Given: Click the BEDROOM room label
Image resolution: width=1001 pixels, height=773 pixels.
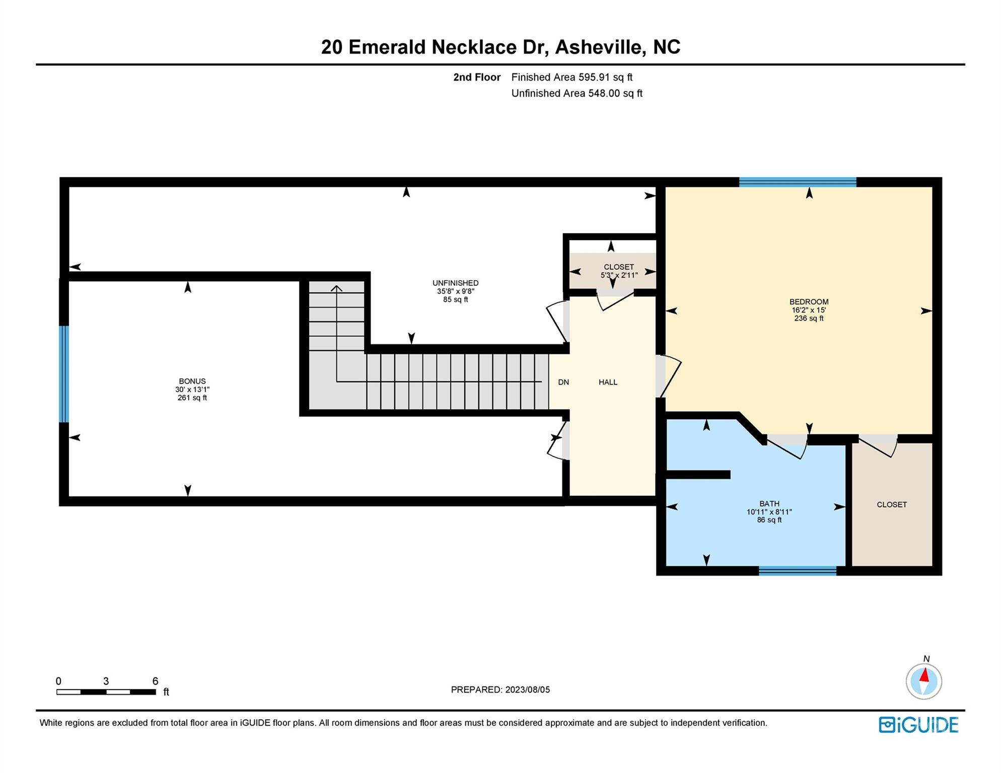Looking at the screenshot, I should point(809,302).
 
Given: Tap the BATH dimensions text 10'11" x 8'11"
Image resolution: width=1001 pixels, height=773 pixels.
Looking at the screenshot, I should point(769,512).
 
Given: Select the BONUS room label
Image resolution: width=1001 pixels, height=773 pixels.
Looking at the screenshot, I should point(192,381).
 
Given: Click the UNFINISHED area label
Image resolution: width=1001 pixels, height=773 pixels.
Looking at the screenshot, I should point(455,283).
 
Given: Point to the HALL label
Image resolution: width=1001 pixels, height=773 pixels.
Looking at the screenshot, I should point(608,382).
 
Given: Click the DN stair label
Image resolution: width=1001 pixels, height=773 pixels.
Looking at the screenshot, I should point(563,382).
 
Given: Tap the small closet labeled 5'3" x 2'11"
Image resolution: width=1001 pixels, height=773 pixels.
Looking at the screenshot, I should point(618,271).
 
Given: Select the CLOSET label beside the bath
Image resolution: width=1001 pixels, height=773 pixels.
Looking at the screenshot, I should point(891,504).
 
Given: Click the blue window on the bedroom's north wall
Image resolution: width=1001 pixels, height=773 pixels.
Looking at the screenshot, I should point(797,182).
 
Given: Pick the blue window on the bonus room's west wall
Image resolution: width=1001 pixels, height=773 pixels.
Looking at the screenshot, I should point(64,374).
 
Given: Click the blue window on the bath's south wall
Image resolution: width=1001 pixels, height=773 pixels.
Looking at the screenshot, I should point(797,571).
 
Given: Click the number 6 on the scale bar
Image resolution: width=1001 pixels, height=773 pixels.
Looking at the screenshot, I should point(155,681).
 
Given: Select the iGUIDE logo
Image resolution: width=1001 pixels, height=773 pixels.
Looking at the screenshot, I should point(918,725).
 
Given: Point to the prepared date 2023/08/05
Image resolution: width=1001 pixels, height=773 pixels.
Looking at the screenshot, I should point(527,689).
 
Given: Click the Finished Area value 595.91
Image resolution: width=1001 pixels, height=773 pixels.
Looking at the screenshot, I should point(594,77).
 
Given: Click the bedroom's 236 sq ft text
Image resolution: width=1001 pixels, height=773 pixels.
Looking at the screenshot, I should point(809,318).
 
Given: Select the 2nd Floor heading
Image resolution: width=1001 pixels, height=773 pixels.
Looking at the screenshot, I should point(476,77).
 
